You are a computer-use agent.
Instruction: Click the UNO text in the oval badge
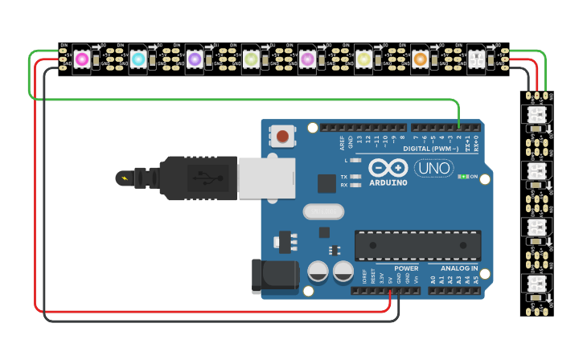coord(433,168)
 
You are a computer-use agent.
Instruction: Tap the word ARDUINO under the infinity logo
coord(388,182)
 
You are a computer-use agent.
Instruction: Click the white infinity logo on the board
coord(388,168)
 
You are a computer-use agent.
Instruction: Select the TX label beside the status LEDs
coord(343,177)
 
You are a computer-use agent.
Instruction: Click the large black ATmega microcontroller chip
coord(417,245)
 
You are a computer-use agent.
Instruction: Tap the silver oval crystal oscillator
coord(323,211)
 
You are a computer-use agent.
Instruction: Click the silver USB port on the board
coord(266,178)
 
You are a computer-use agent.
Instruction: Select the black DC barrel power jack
coord(274,276)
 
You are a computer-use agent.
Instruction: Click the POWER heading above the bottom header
coord(406,268)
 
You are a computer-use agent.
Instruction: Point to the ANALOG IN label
coord(459,268)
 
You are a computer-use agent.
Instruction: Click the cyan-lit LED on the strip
coord(138,59)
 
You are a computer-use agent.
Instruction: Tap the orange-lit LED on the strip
coord(420,59)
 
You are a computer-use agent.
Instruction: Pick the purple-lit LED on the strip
coord(195,59)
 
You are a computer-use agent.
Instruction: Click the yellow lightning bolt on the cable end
coord(122,178)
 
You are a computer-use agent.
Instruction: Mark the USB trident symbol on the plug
coord(203,178)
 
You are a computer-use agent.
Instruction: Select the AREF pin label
coord(342,142)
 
